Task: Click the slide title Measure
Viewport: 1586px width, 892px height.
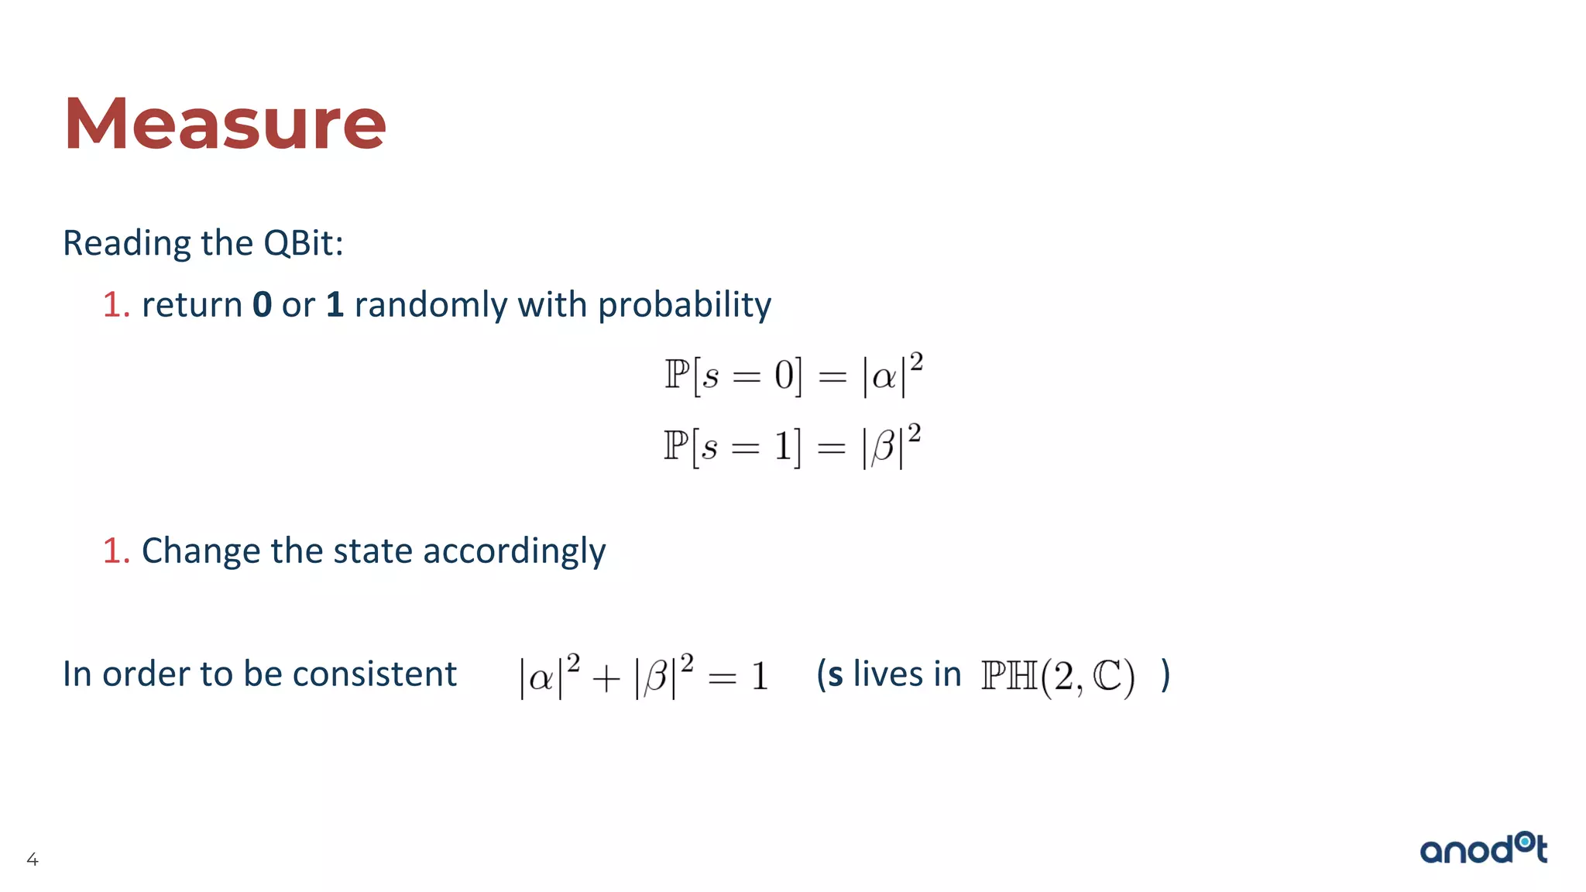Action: (x=225, y=124)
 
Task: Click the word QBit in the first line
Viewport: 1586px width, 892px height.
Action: (x=303, y=243)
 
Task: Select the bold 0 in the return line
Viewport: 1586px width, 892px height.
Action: (x=263, y=304)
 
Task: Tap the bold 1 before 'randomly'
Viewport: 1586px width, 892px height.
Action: (x=335, y=304)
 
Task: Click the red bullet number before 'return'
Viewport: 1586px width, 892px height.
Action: (x=115, y=305)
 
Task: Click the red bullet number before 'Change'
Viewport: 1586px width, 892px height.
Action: (x=115, y=551)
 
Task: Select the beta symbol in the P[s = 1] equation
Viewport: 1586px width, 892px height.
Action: (x=883, y=448)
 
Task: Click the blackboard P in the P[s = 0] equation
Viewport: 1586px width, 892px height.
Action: (x=676, y=375)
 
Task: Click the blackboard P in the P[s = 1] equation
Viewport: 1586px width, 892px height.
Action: (x=675, y=445)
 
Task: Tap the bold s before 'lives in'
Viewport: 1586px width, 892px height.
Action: (x=835, y=674)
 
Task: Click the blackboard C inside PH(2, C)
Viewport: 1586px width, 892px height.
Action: (x=1107, y=676)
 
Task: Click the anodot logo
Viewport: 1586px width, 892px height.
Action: (x=1483, y=849)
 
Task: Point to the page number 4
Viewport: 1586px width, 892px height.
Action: (x=33, y=859)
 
